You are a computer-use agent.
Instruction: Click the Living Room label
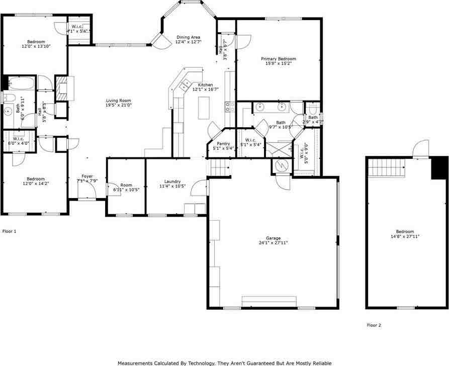[x=118, y=101]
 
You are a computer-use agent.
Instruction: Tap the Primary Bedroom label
[x=278, y=59]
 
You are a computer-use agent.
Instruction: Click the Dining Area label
[x=189, y=37]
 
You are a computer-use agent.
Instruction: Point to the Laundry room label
[x=172, y=181]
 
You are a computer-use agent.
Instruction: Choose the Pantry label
[x=223, y=144]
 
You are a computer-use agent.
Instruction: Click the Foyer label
[x=87, y=176]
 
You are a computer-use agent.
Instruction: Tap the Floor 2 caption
[x=374, y=325]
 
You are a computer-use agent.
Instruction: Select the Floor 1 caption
[x=10, y=231]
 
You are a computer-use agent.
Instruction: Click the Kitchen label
[x=205, y=85]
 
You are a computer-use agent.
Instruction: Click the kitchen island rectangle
[x=203, y=108]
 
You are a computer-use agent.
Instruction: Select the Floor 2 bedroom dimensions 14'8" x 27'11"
[x=405, y=236]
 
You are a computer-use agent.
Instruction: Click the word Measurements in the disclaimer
[x=135, y=363]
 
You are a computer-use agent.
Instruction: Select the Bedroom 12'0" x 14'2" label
[x=36, y=179]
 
